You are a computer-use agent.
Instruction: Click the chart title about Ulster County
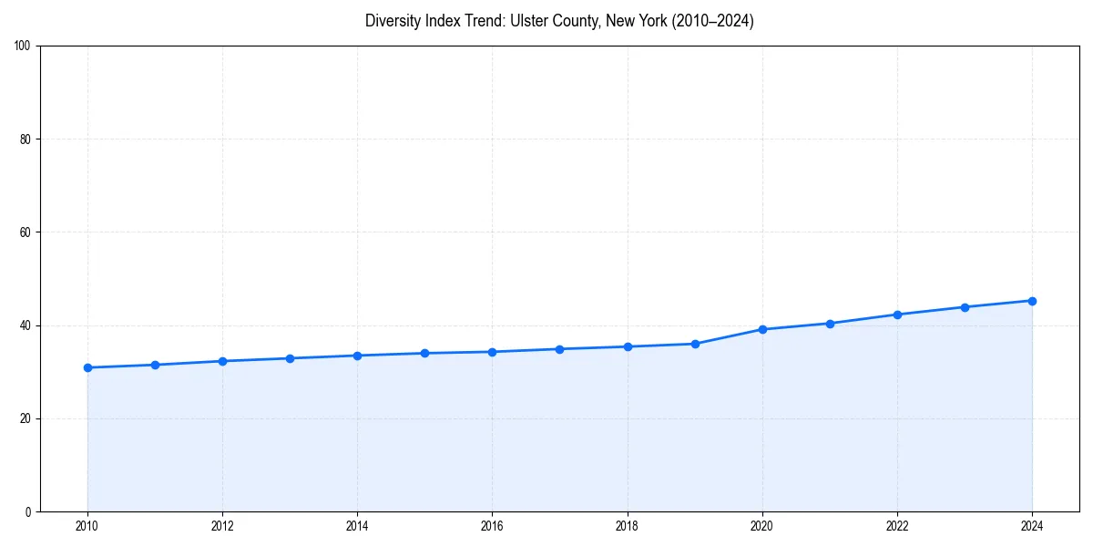pos(559,21)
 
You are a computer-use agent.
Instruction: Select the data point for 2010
pos(87,367)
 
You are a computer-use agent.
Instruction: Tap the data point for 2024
pos(1032,301)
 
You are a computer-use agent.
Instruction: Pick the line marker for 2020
pos(762,329)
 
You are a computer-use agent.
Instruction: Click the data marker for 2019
pos(695,344)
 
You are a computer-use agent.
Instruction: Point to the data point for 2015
pos(424,353)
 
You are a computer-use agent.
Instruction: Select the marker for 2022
pos(897,315)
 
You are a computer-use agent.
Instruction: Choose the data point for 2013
pos(290,358)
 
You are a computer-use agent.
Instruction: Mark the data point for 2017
pos(560,349)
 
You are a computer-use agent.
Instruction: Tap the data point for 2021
pos(830,324)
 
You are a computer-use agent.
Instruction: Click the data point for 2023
pos(965,307)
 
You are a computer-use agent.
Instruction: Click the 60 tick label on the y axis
pos(26,232)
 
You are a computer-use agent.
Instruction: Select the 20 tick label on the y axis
pos(26,418)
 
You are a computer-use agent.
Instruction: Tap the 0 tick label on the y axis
pos(28,511)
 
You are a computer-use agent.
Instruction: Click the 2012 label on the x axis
pos(222,526)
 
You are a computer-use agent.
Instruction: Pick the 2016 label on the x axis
pos(492,526)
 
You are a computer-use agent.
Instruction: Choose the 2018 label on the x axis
pos(627,526)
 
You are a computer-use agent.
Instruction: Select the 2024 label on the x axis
pos(1032,526)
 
